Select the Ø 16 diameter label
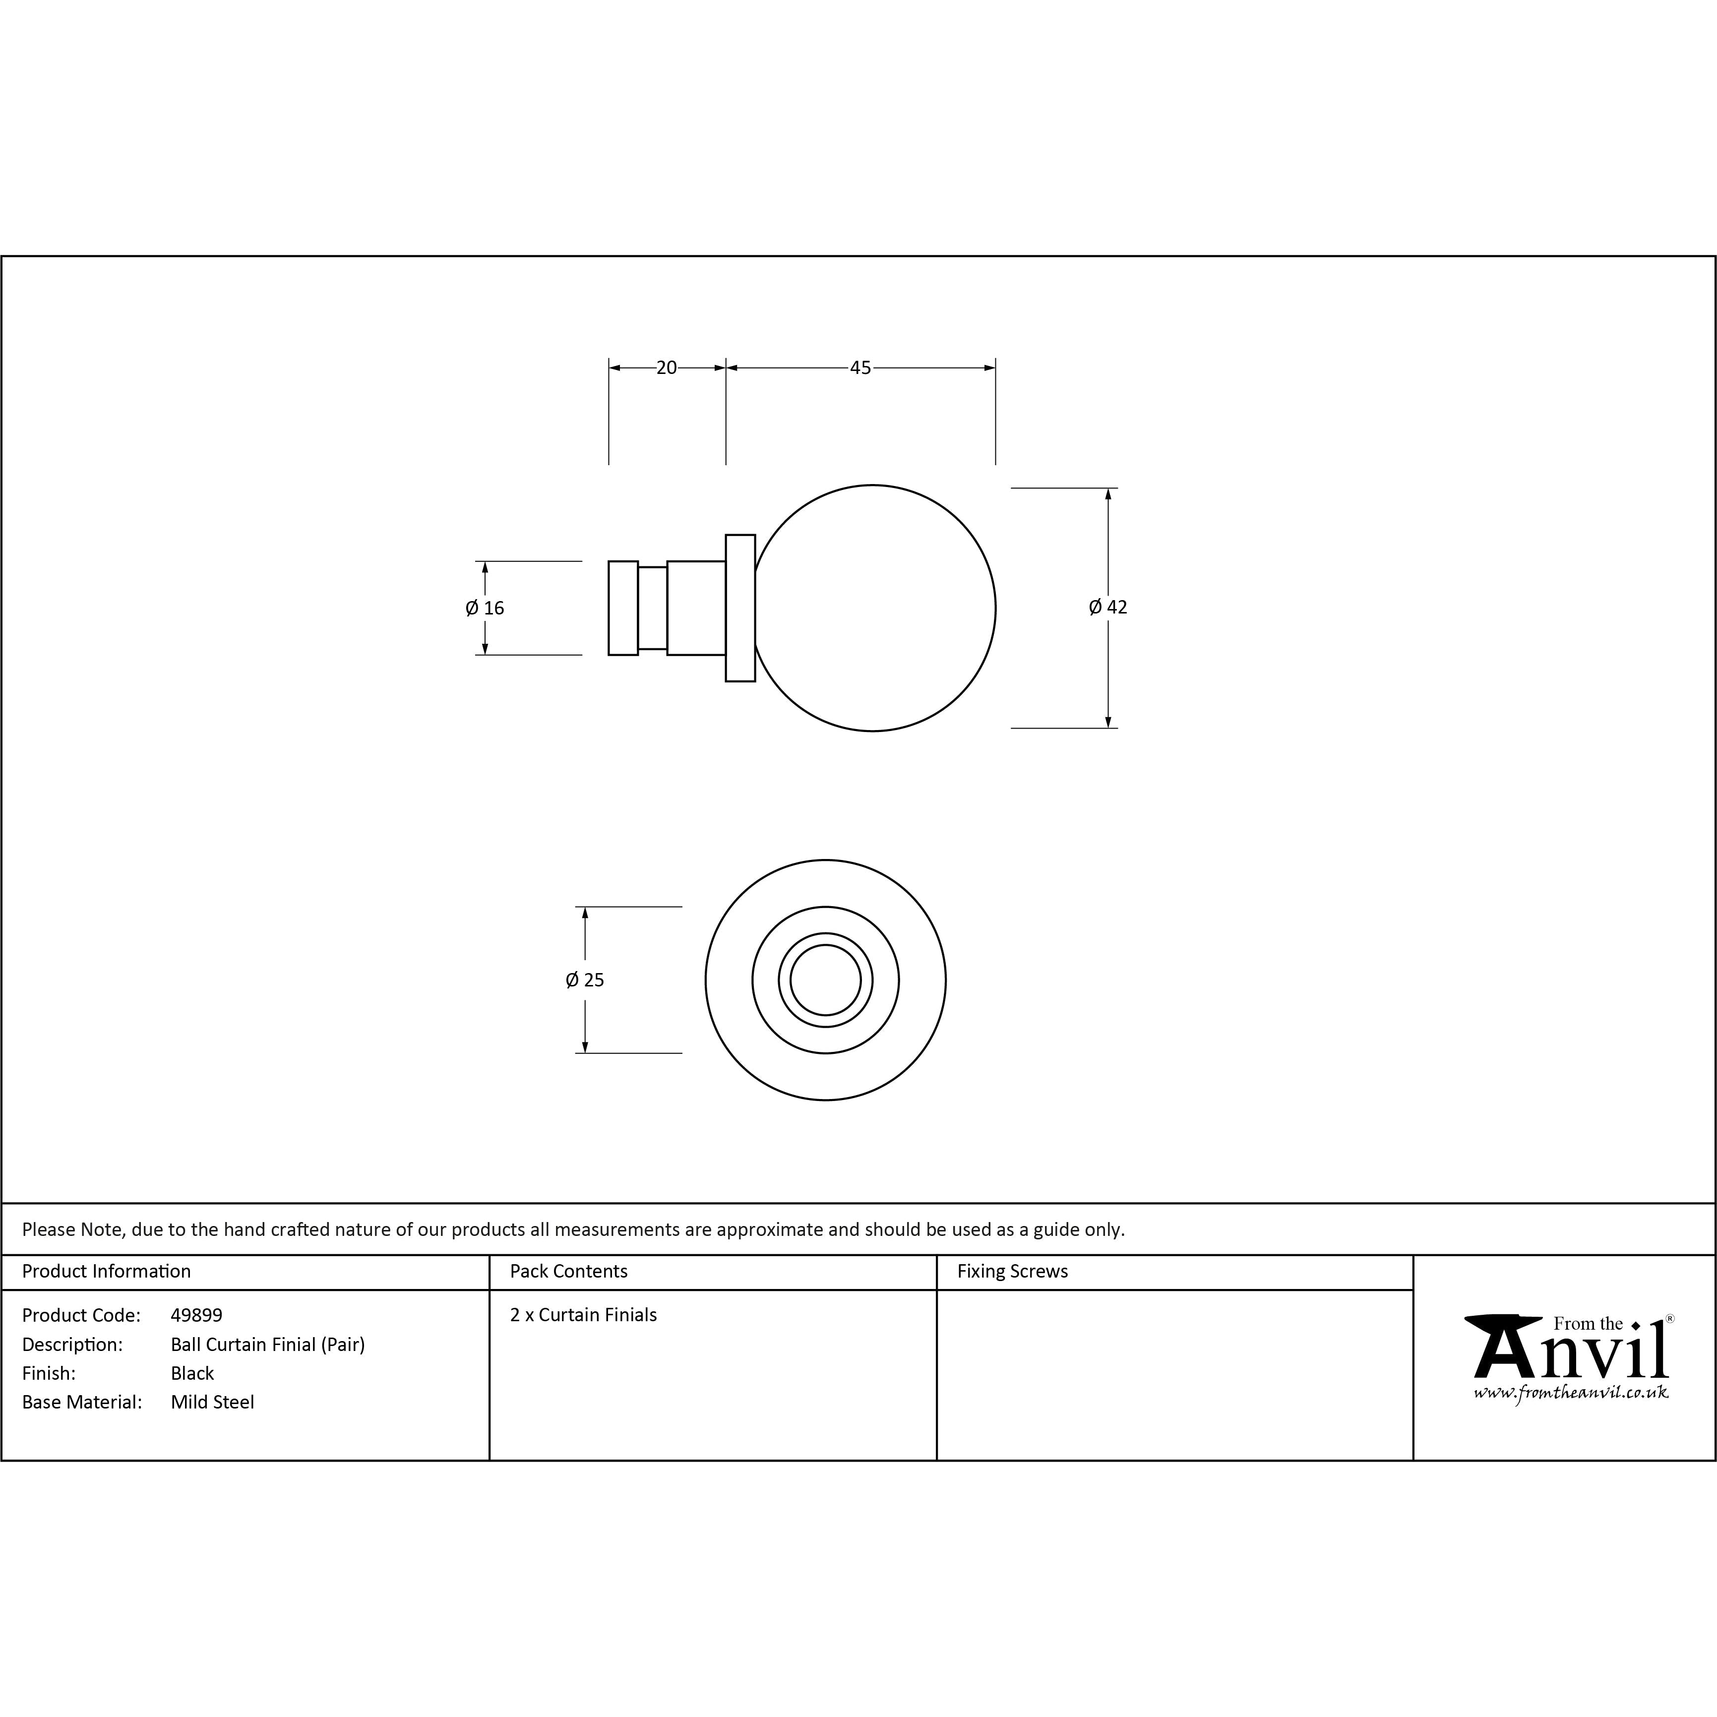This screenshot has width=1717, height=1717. (x=485, y=608)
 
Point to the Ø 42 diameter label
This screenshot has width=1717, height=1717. (x=1107, y=607)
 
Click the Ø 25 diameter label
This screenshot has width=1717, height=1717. (x=585, y=980)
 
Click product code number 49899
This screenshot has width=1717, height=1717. (x=196, y=1314)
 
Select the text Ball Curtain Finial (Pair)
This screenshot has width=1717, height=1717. (x=267, y=1344)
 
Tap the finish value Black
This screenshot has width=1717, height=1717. (x=192, y=1373)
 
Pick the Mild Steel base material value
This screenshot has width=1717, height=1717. (x=212, y=1402)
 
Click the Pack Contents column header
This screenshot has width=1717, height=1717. (x=569, y=1271)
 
